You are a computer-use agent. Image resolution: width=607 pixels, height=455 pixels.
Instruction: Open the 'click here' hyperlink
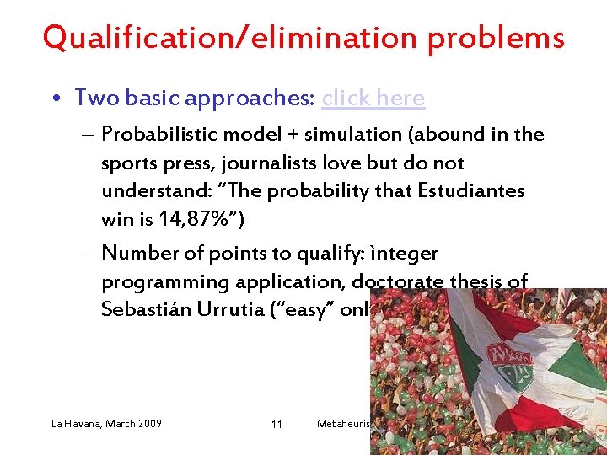pos(373,99)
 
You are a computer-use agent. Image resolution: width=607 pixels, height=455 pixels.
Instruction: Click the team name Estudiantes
pos(470,191)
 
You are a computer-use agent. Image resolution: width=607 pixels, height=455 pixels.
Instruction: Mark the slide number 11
pos(277,424)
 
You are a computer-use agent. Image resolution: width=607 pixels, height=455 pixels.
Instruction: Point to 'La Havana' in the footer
pos(72,423)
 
